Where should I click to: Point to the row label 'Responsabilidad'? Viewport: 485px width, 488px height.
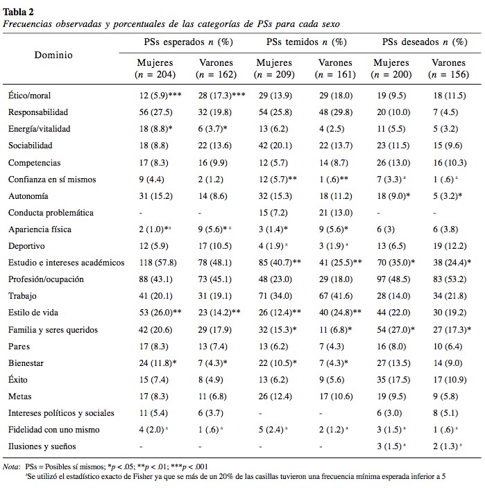(x=37, y=112)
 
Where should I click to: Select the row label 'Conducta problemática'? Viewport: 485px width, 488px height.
(x=51, y=212)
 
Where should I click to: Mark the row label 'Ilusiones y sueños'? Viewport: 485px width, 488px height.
(x=42, y=446)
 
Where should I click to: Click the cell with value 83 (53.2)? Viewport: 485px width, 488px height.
(x=448, y=279)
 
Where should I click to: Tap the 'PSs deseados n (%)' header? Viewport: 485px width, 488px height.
(x=423, y=42)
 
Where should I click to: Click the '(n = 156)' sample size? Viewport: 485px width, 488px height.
(x=448, y=74)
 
